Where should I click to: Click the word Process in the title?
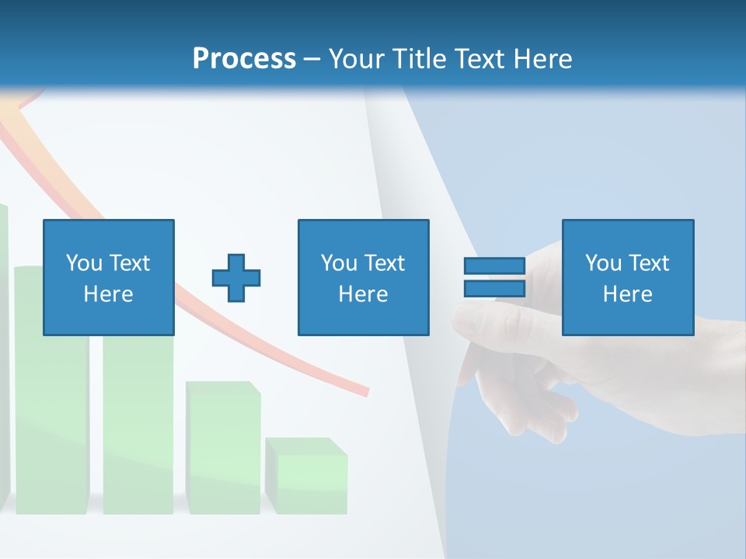coord(244,59)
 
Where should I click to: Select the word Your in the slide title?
coord(357,59)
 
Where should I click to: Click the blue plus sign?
coord(236,277)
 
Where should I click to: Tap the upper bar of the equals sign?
coord(494,266)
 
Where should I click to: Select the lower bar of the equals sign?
coord(494,288)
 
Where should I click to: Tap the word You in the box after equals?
coord(603,263)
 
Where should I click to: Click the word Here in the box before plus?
coord(108,294)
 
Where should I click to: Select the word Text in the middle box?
coord(385,263)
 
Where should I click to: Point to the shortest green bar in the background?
coord(306,477)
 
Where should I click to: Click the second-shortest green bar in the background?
coord(223,448)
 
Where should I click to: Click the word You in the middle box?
coord(339,263)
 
